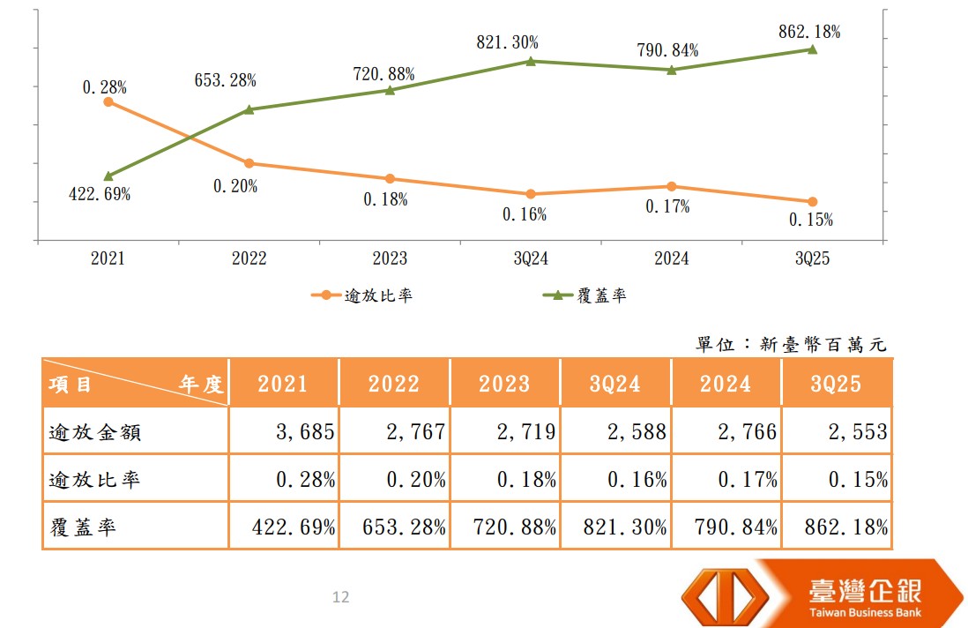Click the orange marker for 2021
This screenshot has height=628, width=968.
[x=108, y=101]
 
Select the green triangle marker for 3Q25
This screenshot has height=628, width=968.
[x=812, y=49]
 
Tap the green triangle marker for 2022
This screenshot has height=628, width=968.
[x=249, y=109]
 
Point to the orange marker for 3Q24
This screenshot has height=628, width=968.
[x=531, y=194]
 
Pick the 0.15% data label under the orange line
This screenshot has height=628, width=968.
[x=811, y=221]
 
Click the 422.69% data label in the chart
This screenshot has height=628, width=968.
[x=100, y=195]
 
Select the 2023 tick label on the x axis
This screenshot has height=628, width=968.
[x=390, y=258]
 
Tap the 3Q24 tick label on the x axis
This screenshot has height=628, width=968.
[x=531, y=258]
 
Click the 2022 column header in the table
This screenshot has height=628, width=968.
[x=394, y=384]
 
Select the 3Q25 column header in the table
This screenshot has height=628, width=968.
[x=836, y=384]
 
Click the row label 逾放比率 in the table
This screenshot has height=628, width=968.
[x=93, y=480]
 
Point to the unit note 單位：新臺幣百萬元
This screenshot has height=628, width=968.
[x=790, y=344]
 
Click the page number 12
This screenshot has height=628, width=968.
[x=340, y=597]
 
